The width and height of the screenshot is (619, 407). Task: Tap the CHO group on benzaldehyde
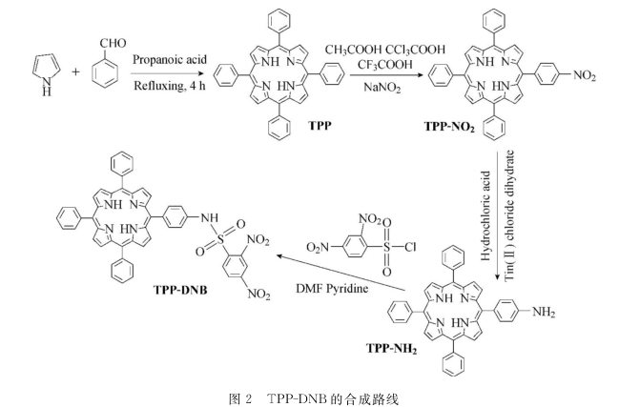(113, 43)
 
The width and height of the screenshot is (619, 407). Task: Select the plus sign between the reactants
(75, 72)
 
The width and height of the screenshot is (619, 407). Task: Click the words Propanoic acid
(170, 59)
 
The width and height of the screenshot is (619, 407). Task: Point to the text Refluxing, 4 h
(170, 86)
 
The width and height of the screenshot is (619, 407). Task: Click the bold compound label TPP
(320, 126)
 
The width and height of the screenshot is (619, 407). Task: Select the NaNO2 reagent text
(382, 87)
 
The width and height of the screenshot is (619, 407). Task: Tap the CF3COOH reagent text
(384, 65)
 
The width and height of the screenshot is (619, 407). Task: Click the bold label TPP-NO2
(449, 127)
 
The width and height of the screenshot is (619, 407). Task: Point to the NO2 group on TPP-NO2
(585, 75)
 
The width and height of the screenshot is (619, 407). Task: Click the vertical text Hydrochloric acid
(485, 215)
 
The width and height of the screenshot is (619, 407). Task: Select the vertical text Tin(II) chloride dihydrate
(510, 215)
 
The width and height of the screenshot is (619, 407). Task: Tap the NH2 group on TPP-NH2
(544, 312)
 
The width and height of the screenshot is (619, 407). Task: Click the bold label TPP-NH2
(392, 349)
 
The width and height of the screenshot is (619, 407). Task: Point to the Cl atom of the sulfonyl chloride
(410, 247)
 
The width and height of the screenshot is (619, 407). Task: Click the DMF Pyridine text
(332, 289)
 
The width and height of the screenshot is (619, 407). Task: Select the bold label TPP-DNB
(180, 290)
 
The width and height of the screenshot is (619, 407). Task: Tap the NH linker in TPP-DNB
(209, 217)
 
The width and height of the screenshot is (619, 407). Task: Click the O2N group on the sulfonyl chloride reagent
(318, 248)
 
